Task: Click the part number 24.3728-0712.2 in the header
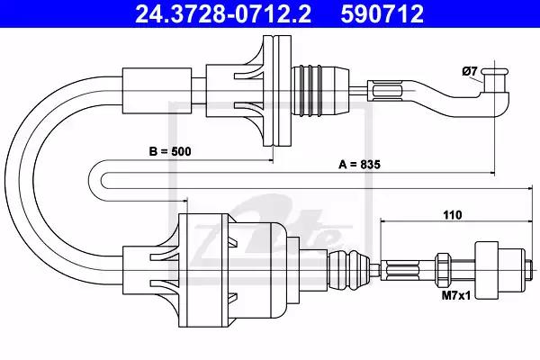[x=223, y=13]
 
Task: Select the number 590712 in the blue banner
[x=382, y=13]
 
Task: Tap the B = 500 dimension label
[x=170, y=151]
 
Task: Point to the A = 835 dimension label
[x=359, y=165]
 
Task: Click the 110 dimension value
[x=452, y=215]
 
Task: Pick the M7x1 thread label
[x=456, y=295]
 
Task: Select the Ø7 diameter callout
[x=470, y=71]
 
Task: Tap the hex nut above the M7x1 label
[x=442, y=269]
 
